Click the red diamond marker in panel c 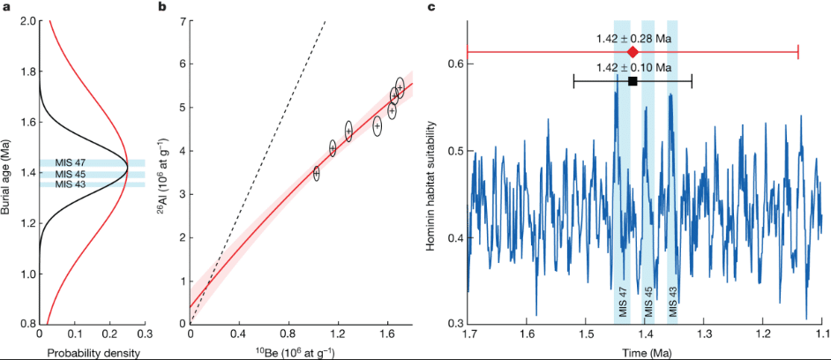633,53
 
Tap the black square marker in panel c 633,81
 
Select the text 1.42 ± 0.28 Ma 633,39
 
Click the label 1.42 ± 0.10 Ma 633,67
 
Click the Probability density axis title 92,353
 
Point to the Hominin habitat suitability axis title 433,176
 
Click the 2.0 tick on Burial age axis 26,21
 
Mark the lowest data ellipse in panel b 316,173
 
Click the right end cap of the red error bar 798,53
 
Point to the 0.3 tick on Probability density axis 145,335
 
